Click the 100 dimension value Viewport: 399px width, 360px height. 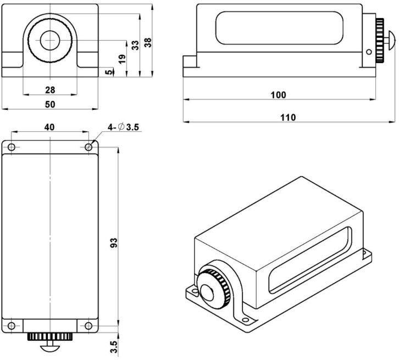(x=278, y=95)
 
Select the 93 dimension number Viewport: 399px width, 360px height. (x=114, y=243)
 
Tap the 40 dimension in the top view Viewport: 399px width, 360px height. (x=49, y=126)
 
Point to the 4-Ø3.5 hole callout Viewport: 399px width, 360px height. (x=124, y=128)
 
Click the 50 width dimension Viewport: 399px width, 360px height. (x=49, y=103)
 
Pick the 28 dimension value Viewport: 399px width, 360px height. (x=49, y=89)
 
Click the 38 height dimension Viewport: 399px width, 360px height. (x=147, y=42)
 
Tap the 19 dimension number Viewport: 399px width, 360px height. (x=123, y=58)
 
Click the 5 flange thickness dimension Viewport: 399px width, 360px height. (x=110, y=71)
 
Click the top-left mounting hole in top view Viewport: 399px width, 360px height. (x=12, y=147)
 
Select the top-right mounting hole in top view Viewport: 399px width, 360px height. (x=88, y=147)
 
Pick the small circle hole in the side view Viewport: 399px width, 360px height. (x=369, y=52)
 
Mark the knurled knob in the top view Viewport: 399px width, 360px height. (x=50, y=335)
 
